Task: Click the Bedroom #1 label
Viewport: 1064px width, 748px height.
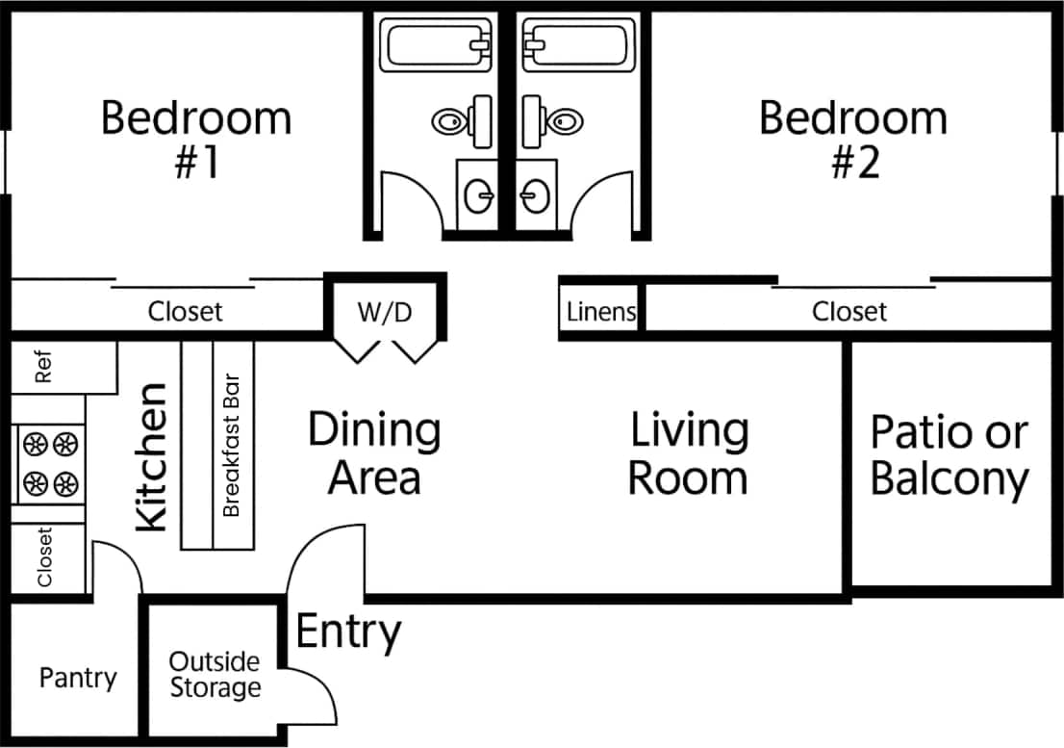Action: coord(196,140)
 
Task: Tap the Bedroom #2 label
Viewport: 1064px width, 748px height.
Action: coord(853,140)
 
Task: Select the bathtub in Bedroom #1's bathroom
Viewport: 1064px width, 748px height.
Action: coord(437,44)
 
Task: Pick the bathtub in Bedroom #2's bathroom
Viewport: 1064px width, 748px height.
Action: coord(578,44)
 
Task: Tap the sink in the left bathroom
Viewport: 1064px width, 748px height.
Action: coord(478,196)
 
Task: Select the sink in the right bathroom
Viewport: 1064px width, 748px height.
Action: coord(535,196)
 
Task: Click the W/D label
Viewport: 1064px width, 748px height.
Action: coord(385,312)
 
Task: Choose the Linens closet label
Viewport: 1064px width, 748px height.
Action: coord(601,312)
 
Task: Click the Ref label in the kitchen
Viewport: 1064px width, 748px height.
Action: coord(43,367)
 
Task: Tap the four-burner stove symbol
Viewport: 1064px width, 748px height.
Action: coord(50,463)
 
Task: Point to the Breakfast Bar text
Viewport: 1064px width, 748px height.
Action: coord(231,445)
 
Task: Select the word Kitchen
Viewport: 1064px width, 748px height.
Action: coord(152,457)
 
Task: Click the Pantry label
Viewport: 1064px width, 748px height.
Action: coord(78,678)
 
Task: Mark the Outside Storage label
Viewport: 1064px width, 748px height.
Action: coord(215,675)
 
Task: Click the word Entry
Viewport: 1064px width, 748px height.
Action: coord(348,632)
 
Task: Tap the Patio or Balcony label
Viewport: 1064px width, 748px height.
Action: coord(950,455)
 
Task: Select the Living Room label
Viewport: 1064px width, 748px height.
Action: coord(689,453)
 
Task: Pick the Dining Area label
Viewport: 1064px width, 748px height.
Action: coord(374,453)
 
